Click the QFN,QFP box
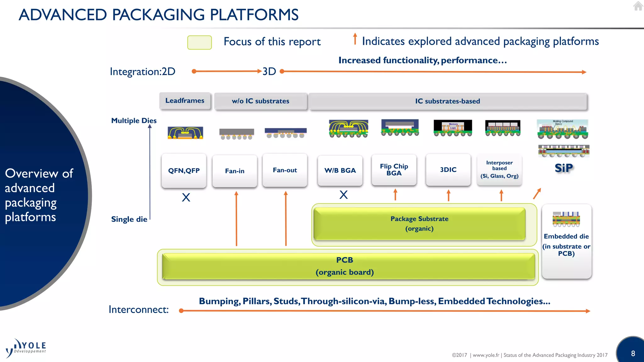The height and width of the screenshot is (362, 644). pos(184,171)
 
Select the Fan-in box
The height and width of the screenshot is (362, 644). pos(235,171)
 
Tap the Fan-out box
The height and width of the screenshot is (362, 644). pos(285,170)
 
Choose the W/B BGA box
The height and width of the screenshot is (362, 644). pos(340,170)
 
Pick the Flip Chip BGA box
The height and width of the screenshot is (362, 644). pos(394,170)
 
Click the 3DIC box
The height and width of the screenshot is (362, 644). pos(448,170)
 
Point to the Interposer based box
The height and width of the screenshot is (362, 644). pos(499,169)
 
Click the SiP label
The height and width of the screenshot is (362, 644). pos(564,168)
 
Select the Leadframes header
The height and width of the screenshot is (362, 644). pos(185,101)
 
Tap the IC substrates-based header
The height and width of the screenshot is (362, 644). pos(447,101)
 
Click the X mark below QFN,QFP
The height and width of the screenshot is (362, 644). pos(186,197)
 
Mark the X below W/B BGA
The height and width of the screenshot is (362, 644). pos(344,195)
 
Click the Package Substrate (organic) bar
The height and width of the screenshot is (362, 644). pos(419,223)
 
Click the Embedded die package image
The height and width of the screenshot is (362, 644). pos(566,219)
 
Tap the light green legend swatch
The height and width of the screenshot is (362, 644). pos(199,42)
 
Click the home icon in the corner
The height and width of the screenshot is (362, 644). pos(638,6)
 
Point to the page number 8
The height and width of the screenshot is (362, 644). pos(633,354)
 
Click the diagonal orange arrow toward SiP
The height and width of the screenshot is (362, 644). pos(537,194)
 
